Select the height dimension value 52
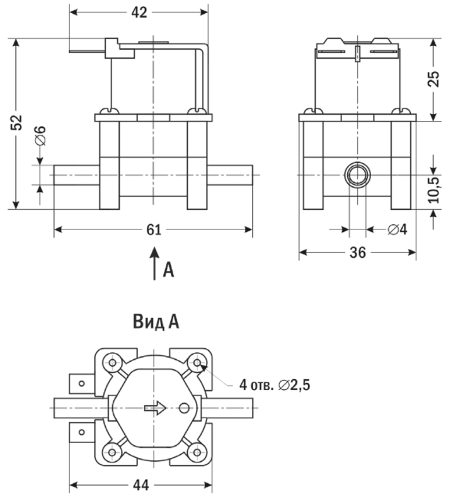coord(16,123)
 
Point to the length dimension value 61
coord(154,230)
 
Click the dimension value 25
coord(433,79)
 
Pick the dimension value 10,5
coord(434,189)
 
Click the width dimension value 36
coord(357,253)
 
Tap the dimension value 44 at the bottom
coord(140,486)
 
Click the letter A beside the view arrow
coord(168,270)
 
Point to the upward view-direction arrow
coord(153,263)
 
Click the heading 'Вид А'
coord(156,323)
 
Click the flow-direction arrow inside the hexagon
coord(155,408)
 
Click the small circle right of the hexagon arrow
coord(185,408)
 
